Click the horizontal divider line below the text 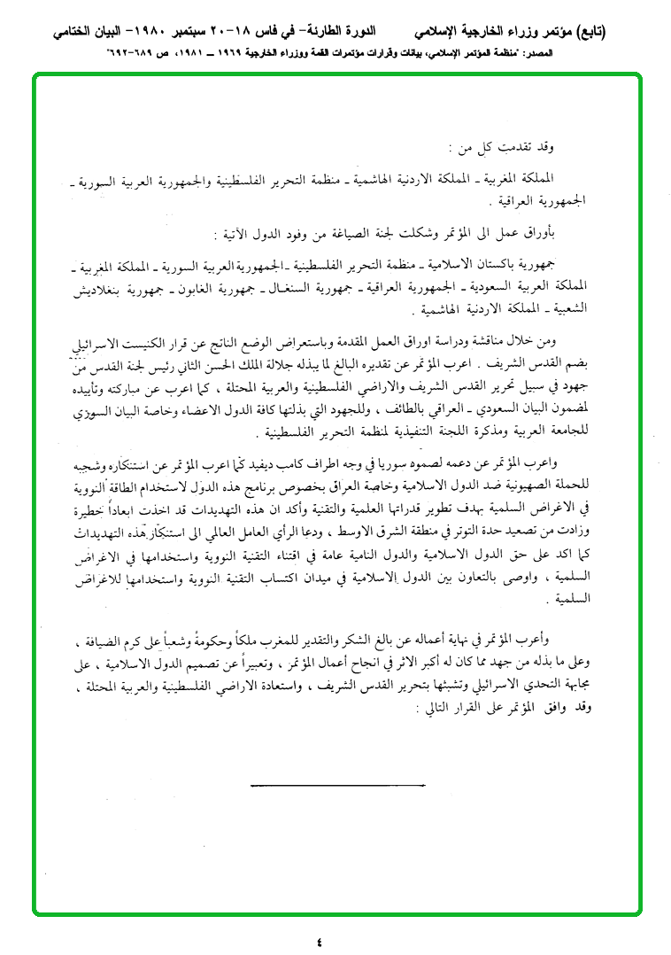tap(338, 786)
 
